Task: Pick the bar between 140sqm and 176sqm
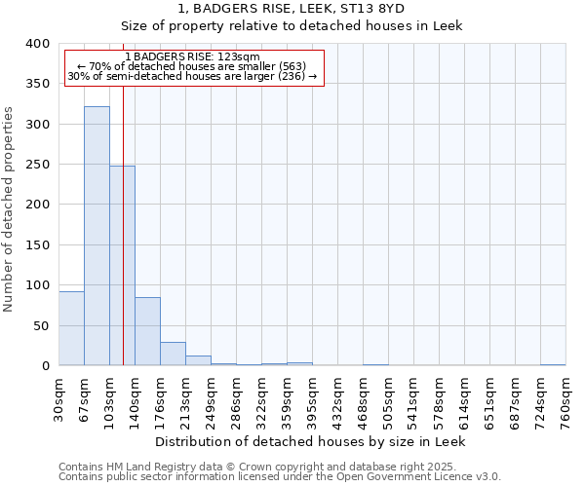point(147,331)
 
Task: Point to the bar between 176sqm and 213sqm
point(173,354)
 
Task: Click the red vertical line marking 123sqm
point(124,195)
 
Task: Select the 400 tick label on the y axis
point(37,44)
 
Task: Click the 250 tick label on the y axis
point(37,165)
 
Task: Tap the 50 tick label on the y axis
point(41,325)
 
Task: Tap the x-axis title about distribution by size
point(311,441)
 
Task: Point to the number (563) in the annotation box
point(291,66)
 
